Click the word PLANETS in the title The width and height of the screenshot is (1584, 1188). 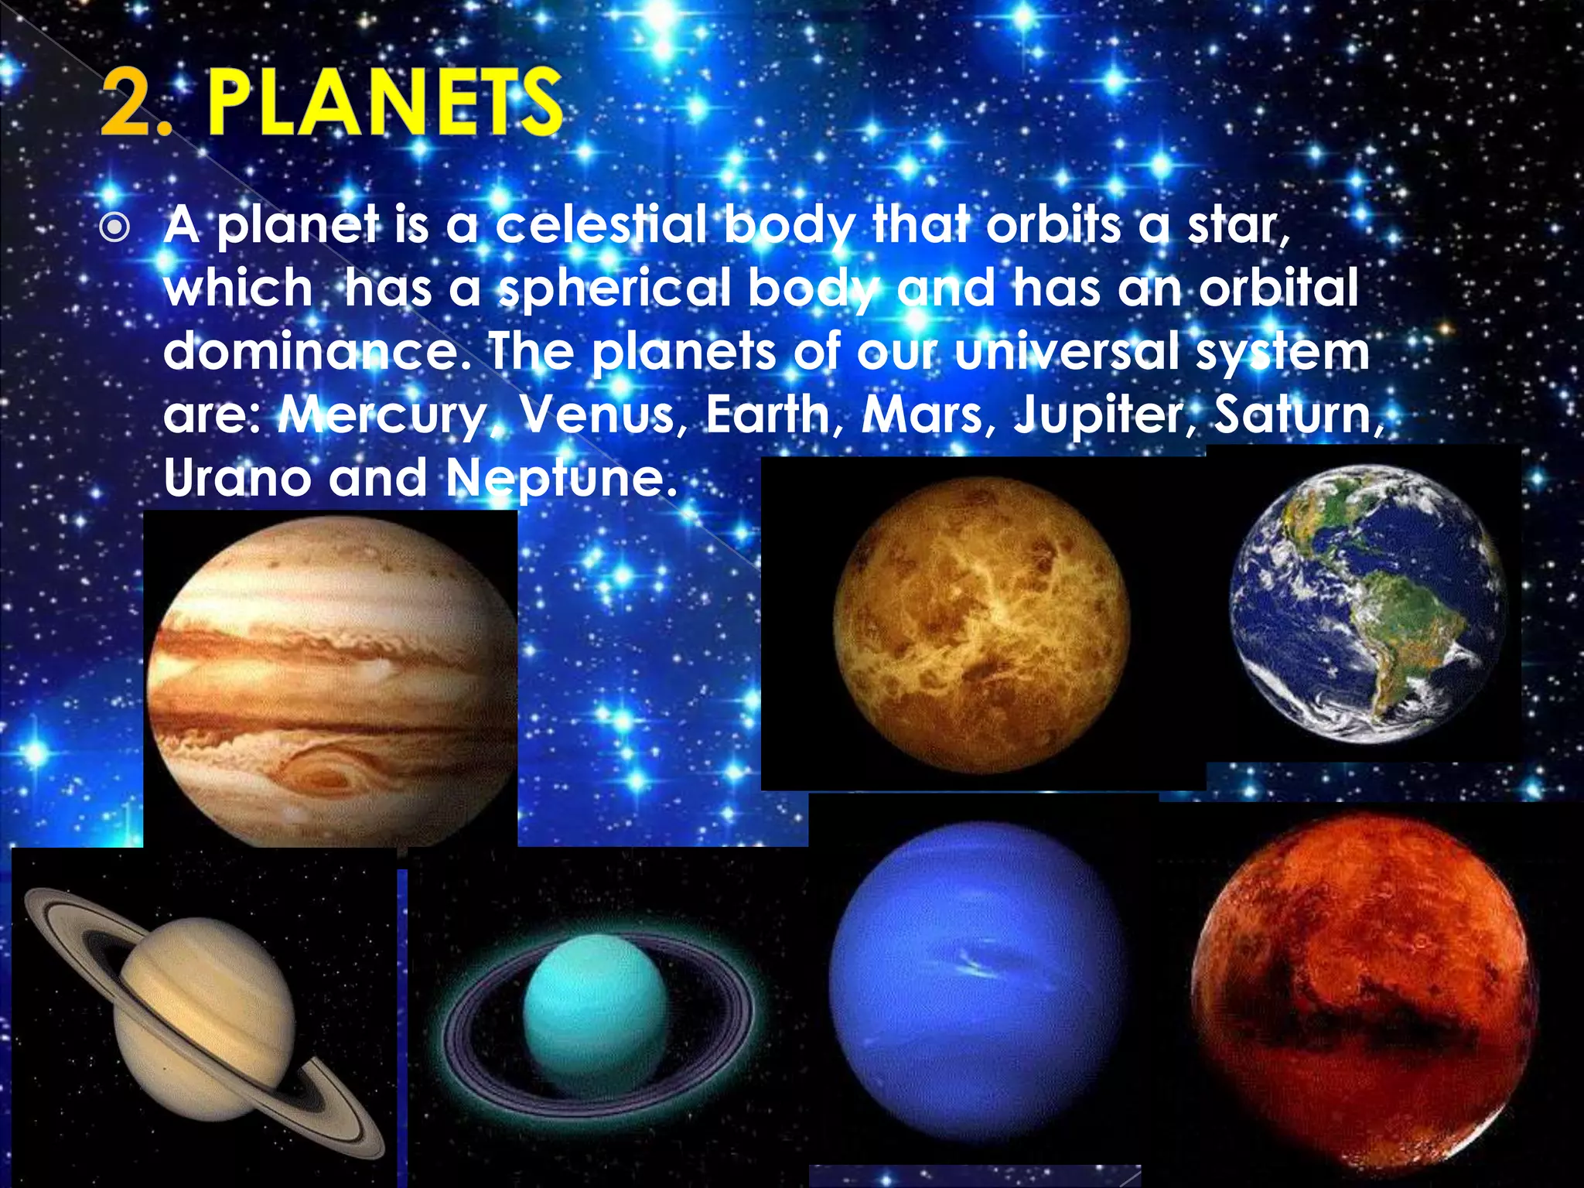[x=384, y=104]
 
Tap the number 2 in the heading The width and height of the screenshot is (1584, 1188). [x=128, y=104]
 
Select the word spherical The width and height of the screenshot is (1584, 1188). [x=614, y=288]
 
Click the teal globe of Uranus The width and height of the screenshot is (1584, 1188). [x=595, y=1013]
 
